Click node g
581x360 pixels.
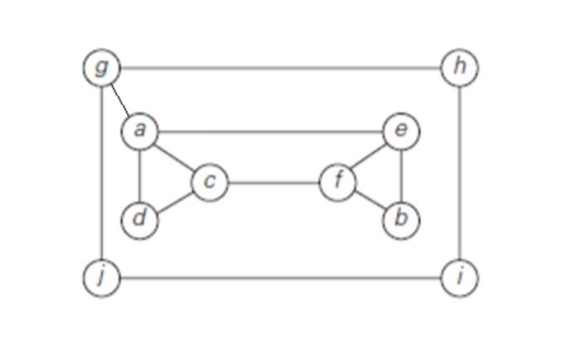[101, 66]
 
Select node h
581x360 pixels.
[460, 66]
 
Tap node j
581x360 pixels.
[101, 276]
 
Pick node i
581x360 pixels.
[460, 276]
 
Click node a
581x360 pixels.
[139, 131]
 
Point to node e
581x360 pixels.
[402, 131]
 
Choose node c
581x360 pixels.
[209, 181]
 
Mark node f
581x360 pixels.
[338, 181]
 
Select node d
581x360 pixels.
[139, 220]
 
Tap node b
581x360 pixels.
[402, 220]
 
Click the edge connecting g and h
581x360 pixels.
[281, 67]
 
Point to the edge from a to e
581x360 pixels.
[271, 132]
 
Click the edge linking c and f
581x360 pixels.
[274, 182]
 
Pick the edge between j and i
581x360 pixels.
[281, 277]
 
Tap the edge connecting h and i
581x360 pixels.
[460, 171]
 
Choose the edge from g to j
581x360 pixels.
[101, 171]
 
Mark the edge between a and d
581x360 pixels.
[139, 175]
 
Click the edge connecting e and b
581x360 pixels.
[402, 175]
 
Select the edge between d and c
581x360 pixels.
[174, 201]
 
